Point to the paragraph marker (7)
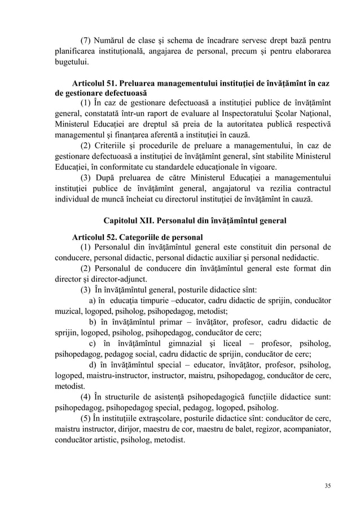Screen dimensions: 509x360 pos(86,40)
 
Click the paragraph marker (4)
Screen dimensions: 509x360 pos(86,398)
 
